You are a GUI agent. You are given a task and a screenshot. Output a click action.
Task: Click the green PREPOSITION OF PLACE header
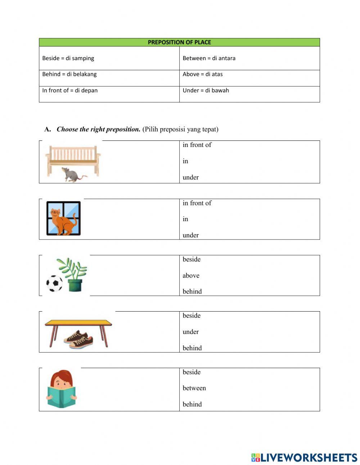coord(179,42)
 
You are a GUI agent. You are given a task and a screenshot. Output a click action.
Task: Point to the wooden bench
coord(73,157)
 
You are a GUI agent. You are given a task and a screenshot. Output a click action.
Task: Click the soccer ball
coord(54,283)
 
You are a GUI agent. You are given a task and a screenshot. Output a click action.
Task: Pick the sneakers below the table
coord(79,339)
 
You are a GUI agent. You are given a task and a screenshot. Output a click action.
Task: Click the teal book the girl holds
coord(62,397)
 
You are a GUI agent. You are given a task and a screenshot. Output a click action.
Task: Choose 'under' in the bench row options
coord(190,177)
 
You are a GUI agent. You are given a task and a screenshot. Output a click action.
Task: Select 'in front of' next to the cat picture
coord(197,203)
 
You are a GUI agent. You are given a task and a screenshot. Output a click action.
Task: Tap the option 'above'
coord(191,276)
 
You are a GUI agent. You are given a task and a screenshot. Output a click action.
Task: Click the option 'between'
coord(194,388)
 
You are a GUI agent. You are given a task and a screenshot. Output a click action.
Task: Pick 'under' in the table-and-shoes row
coord(190,332)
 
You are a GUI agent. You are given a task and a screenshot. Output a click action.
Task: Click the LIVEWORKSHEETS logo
coord(304,457)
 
